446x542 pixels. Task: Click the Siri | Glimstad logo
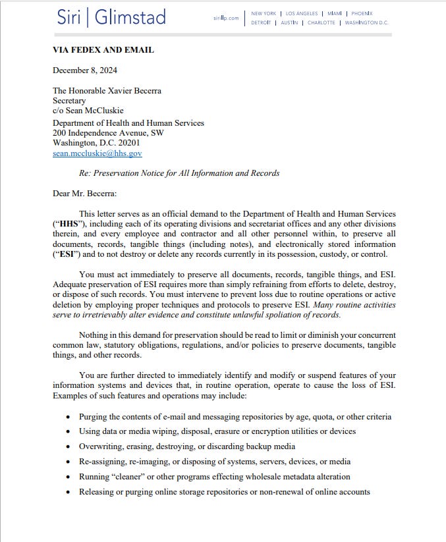(111, 17)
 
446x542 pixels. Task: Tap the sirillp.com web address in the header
(226, 18)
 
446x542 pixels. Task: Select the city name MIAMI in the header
(335, 13)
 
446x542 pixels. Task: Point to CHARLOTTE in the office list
(321, 22)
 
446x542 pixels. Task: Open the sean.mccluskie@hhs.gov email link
(97, 153)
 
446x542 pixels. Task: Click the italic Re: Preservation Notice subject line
(179, 173)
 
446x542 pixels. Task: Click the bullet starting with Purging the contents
(235, 417)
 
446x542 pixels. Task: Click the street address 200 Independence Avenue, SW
(108, 132)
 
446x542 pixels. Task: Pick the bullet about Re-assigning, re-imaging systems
(214, 462)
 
